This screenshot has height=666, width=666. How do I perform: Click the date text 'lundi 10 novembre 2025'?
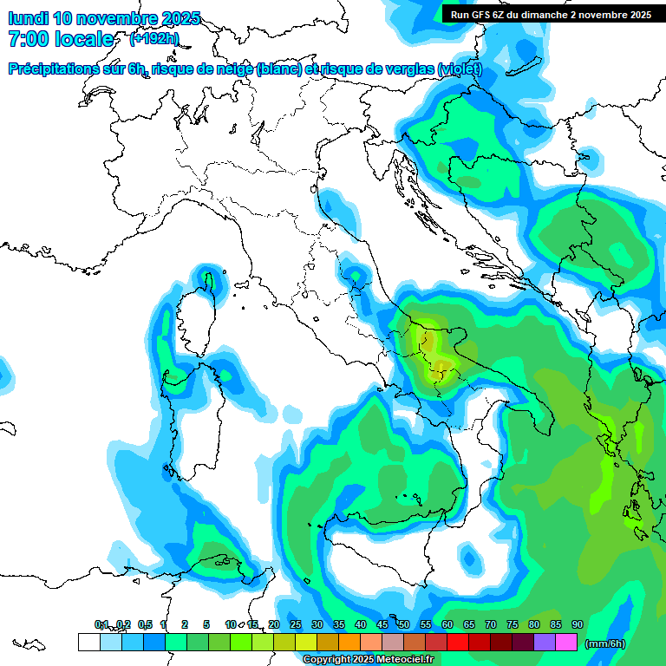104,17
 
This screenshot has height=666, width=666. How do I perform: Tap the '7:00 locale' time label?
61,39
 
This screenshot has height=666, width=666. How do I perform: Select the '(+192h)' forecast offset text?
154,39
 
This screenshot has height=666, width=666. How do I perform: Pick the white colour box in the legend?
88,642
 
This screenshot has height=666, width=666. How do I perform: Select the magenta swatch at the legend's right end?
565,642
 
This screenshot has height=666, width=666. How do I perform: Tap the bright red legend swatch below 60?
457,642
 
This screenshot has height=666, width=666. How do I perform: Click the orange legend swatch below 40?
349,642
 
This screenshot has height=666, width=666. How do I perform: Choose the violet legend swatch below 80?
544,642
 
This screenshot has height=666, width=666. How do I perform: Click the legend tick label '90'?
577,624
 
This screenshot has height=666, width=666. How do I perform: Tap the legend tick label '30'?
317,624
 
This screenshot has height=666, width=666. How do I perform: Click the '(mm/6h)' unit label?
604,643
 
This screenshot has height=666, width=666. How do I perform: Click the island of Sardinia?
193,416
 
